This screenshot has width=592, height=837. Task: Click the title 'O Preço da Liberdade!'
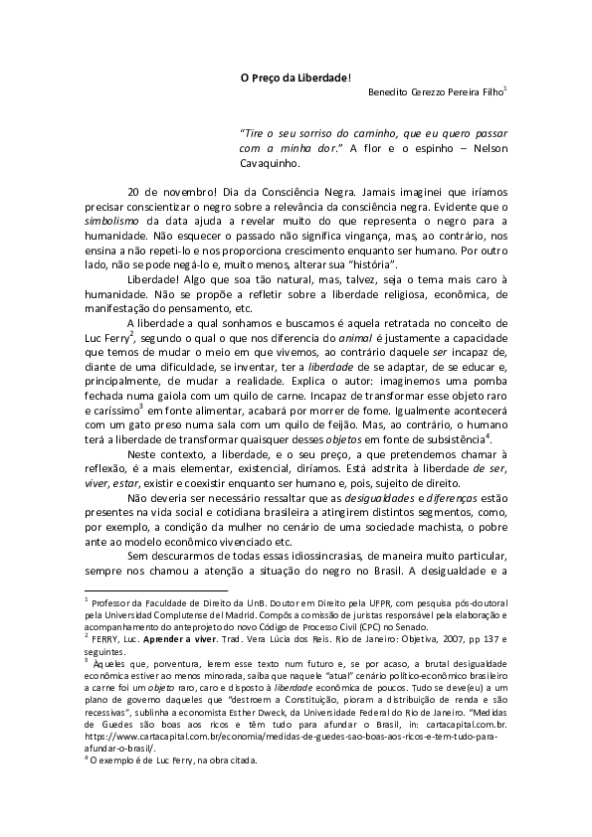point(296,77)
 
